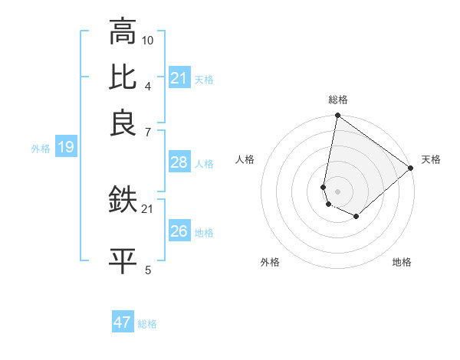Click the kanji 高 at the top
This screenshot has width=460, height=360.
tap(123, 33)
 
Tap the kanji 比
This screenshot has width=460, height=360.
tap(123, 78)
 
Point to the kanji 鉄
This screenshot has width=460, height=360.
tap(123, 201)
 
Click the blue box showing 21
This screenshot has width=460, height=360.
tap(179, 78)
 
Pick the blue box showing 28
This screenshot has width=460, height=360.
tap(179, 162)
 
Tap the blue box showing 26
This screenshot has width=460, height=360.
tap(179, 231)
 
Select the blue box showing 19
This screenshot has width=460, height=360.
tap(65, 148)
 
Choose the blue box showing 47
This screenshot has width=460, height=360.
tap(123, 322)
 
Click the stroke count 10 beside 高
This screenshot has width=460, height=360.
tap(148, 39)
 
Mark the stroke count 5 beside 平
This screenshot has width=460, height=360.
tap(148, 269)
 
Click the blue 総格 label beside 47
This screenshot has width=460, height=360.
tap(147, 324)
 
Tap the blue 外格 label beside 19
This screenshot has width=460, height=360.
tap(41, 149)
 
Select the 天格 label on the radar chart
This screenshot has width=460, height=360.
tap(431, 159)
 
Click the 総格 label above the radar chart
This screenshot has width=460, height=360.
tap(337, 100)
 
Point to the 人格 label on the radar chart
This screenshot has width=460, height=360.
tap(245, 159)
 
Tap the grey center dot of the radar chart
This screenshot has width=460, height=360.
tap(337, 191)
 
